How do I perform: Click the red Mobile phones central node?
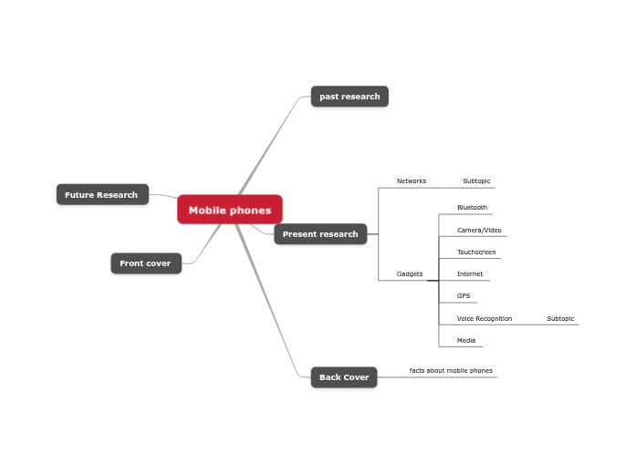tap(230, 210)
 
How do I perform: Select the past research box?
tap(349, 97)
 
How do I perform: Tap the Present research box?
tap(320, 234)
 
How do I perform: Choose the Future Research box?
tap(101, 194)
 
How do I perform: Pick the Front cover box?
tap(145, 263)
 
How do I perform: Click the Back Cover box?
tap(344, 377)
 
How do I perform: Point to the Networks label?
tap(411, 181)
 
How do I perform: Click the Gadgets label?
tap(409, 274)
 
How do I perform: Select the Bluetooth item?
tap(472, 208)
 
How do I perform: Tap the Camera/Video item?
tap(479, 231)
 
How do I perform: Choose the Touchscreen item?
tap(476, 252)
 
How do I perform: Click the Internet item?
tap(470, 274)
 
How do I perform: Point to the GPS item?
tap(464, 296)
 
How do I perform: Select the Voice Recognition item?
tap(485, 319)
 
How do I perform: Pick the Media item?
tap(466, 341)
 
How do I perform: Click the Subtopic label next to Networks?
tap(476, 181)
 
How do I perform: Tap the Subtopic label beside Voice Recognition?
tap(560, 319)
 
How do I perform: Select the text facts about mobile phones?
tap(451, 371)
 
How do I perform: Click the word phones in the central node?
tap(250, 211)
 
